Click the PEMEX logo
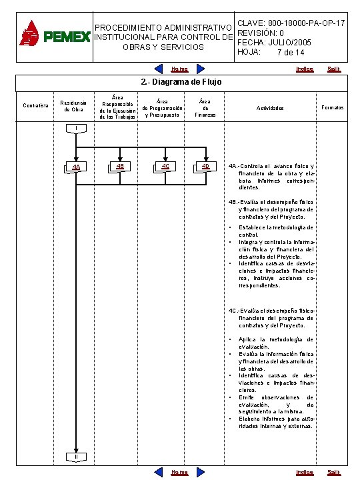(x=54, y=33)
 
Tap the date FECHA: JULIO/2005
(x=274, y=43)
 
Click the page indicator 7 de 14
(x=285, y=53)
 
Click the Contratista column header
(x=35, y=107)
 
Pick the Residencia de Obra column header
(x=73, y=107)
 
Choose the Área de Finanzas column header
(x=205, y=107)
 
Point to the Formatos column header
(x=333, y=107)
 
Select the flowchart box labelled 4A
(x=77, y=167)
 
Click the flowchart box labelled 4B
(x=119, y=167)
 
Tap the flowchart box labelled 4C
(x=165, y=167)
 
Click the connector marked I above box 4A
(x=77, y=128)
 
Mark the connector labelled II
(x=77, y=456)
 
